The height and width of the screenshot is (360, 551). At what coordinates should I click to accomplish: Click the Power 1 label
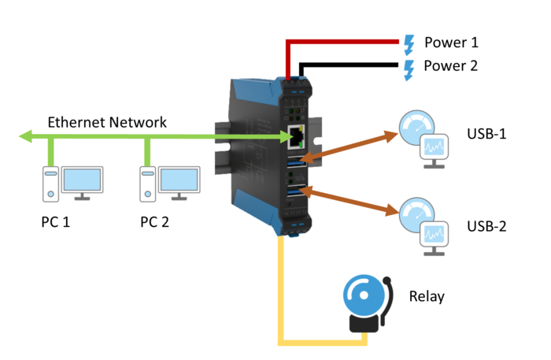[451, 43]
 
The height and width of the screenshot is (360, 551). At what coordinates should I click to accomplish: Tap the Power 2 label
[451, 66]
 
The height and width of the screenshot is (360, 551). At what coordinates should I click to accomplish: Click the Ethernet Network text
[107, 122]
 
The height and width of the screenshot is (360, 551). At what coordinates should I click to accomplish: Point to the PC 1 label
[56, 222]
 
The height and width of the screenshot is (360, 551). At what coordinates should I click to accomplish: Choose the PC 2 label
[154, 222]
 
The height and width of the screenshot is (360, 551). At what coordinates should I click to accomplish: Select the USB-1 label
[486, 134]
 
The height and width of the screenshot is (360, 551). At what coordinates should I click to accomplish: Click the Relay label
[427, 297]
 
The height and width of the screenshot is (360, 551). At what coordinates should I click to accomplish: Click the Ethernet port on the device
[298, 136]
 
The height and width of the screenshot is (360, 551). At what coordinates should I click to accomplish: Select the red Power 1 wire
[346, 40]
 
